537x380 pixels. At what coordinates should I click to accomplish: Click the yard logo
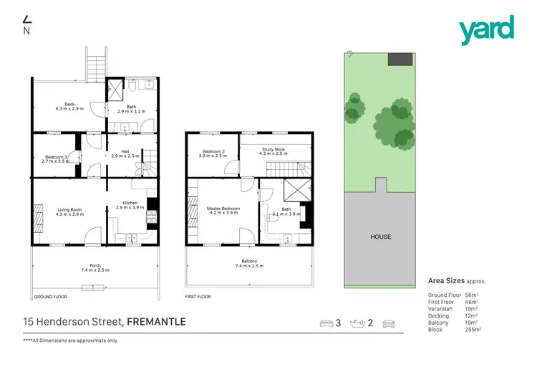coord(487,29)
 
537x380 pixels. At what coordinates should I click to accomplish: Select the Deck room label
coord(69,107)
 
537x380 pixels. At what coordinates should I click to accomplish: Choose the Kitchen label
coord(130,205)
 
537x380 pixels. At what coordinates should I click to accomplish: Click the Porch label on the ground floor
coord(95,267)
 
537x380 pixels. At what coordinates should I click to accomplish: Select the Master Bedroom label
coord(223,210)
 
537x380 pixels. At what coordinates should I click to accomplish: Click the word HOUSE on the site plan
coord(380,237)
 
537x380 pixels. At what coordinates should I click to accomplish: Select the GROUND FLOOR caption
coord(50,296)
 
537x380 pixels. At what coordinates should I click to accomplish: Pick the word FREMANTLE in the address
coord(156,322)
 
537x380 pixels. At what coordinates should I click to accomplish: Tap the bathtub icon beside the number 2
coord(357,323)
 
